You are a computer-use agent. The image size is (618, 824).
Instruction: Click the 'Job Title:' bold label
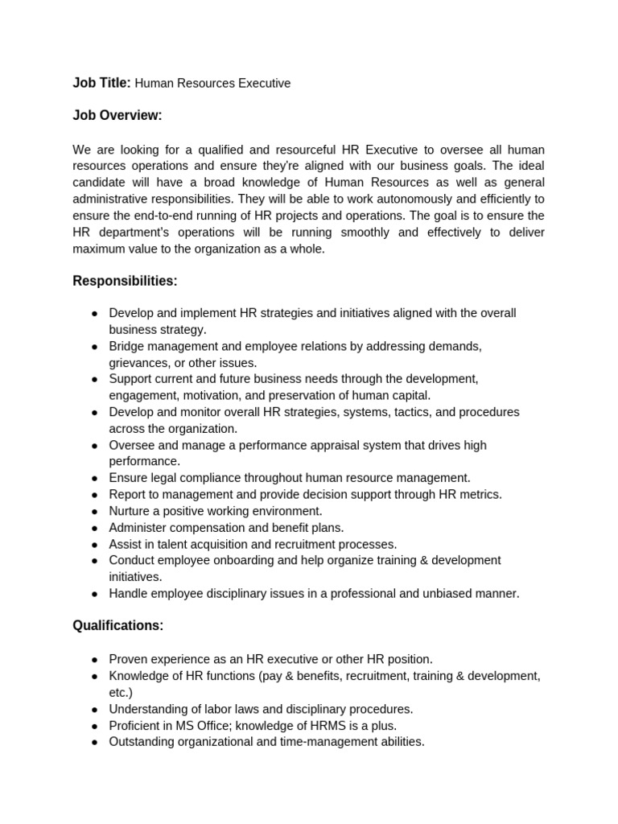coord(101,83)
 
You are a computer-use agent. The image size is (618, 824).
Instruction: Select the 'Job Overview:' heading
coord(117,116)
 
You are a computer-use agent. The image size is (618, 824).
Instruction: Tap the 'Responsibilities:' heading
coord(125,281)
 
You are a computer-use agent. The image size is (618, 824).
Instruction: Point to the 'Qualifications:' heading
coord(118,625)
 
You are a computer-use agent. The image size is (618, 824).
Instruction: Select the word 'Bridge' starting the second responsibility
coord(127,346)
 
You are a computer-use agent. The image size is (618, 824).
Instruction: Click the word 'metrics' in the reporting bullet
coord(479,494)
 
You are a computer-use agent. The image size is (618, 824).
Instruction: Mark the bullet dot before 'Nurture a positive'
coord(94,512)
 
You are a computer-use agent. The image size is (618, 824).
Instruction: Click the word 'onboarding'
coord(262,560)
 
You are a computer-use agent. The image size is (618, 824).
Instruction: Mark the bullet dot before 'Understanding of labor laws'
coord(94,710)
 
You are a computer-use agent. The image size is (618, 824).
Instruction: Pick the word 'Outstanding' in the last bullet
coord(142,741)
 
